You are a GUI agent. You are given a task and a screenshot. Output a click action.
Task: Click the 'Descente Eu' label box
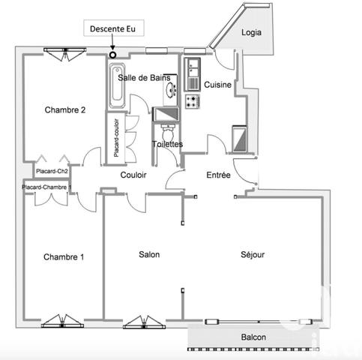[x=115, y=30]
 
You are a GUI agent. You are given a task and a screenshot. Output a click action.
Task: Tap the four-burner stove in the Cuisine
[x=192, y=100]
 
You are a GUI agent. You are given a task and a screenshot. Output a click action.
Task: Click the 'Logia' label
[x=252, y=33]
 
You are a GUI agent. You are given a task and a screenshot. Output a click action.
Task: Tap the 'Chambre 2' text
[x=64, y=109]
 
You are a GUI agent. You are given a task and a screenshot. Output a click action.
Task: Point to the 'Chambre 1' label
[x=63, y=257]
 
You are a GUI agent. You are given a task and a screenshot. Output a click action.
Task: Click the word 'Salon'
[x=149, y=254]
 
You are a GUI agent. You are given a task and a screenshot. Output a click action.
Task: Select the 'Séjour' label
[x=253, y=254]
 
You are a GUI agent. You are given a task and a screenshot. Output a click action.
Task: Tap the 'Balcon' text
[x=253, y=337]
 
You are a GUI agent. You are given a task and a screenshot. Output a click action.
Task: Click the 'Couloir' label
[x=133, y=175]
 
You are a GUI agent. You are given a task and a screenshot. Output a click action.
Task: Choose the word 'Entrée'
[x=219, y=175]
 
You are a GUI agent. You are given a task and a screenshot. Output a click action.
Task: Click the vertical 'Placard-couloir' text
[x=117, y=137]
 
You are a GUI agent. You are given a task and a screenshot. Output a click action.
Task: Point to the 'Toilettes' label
[x=167, y=144]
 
